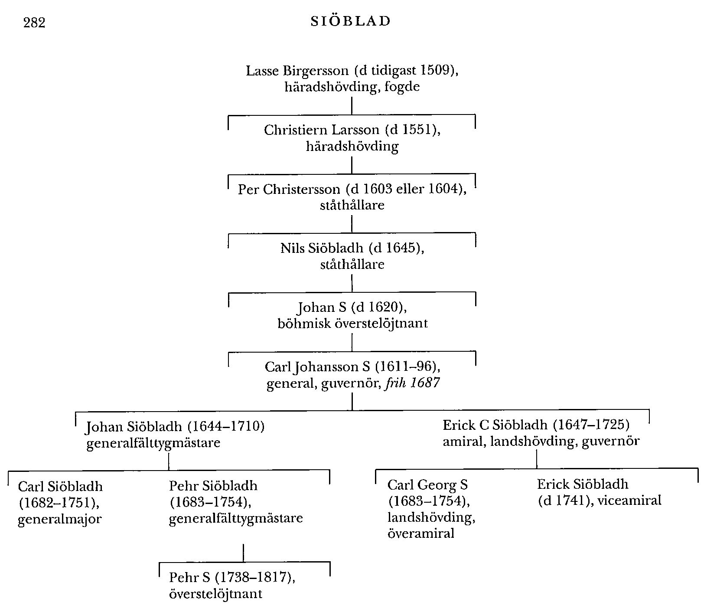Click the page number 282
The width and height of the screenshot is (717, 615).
[x=34, y=23]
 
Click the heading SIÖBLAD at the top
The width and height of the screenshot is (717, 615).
[x=351, y=21]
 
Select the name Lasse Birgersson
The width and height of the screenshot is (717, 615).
[x=297, y=71]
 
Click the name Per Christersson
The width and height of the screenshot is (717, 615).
[x=289, y=190]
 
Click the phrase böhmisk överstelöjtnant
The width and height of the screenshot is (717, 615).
[x=352, y=324]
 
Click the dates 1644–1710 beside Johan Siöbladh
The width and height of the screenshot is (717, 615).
[x=226, y=427]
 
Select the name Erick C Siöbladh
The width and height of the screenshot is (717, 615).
[x=494, y=425]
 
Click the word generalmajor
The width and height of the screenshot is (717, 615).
[x=59, y=520]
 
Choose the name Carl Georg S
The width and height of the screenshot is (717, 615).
[x=427, y=484]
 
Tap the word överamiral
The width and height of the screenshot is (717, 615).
[x=420, y=533]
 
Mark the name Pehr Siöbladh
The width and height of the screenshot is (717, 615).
[x=213, y=486]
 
